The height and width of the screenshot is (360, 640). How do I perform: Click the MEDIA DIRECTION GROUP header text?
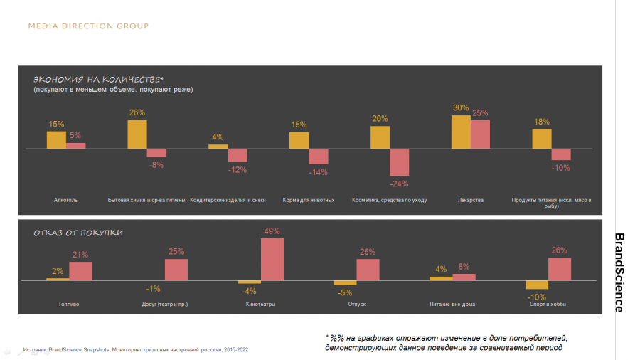pos(88,26)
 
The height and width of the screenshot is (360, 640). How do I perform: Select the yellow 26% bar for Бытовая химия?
pos(137,134)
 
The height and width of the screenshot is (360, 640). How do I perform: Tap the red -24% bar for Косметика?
pos(399,162)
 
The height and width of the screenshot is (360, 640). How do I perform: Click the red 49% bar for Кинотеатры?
pos(272,260)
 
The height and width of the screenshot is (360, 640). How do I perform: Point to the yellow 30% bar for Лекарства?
pos(461,132)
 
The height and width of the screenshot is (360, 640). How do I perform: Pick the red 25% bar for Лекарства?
pos(480,134)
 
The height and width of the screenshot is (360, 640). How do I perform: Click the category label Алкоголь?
pos(65,200)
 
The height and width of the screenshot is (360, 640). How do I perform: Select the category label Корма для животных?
pos(308,200)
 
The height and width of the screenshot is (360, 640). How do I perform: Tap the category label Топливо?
pos(68,304)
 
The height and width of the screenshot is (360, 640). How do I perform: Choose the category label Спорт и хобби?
pos(548,304)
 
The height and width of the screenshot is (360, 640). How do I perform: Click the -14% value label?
pos(318,171)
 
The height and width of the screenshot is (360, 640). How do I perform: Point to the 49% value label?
pos(272,231)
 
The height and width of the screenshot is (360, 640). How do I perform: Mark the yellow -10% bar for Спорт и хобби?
pos(537,285)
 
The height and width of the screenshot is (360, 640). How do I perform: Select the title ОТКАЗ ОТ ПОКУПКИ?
pos(78,233)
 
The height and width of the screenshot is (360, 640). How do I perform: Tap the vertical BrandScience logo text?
pos(619,272)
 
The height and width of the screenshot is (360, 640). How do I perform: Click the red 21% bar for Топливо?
pos(80,271)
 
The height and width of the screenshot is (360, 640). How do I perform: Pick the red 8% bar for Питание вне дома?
pos(464,277)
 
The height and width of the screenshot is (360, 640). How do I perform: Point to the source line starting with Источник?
pos(135,350)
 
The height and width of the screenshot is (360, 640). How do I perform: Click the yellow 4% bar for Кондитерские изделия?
pos(218,147)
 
